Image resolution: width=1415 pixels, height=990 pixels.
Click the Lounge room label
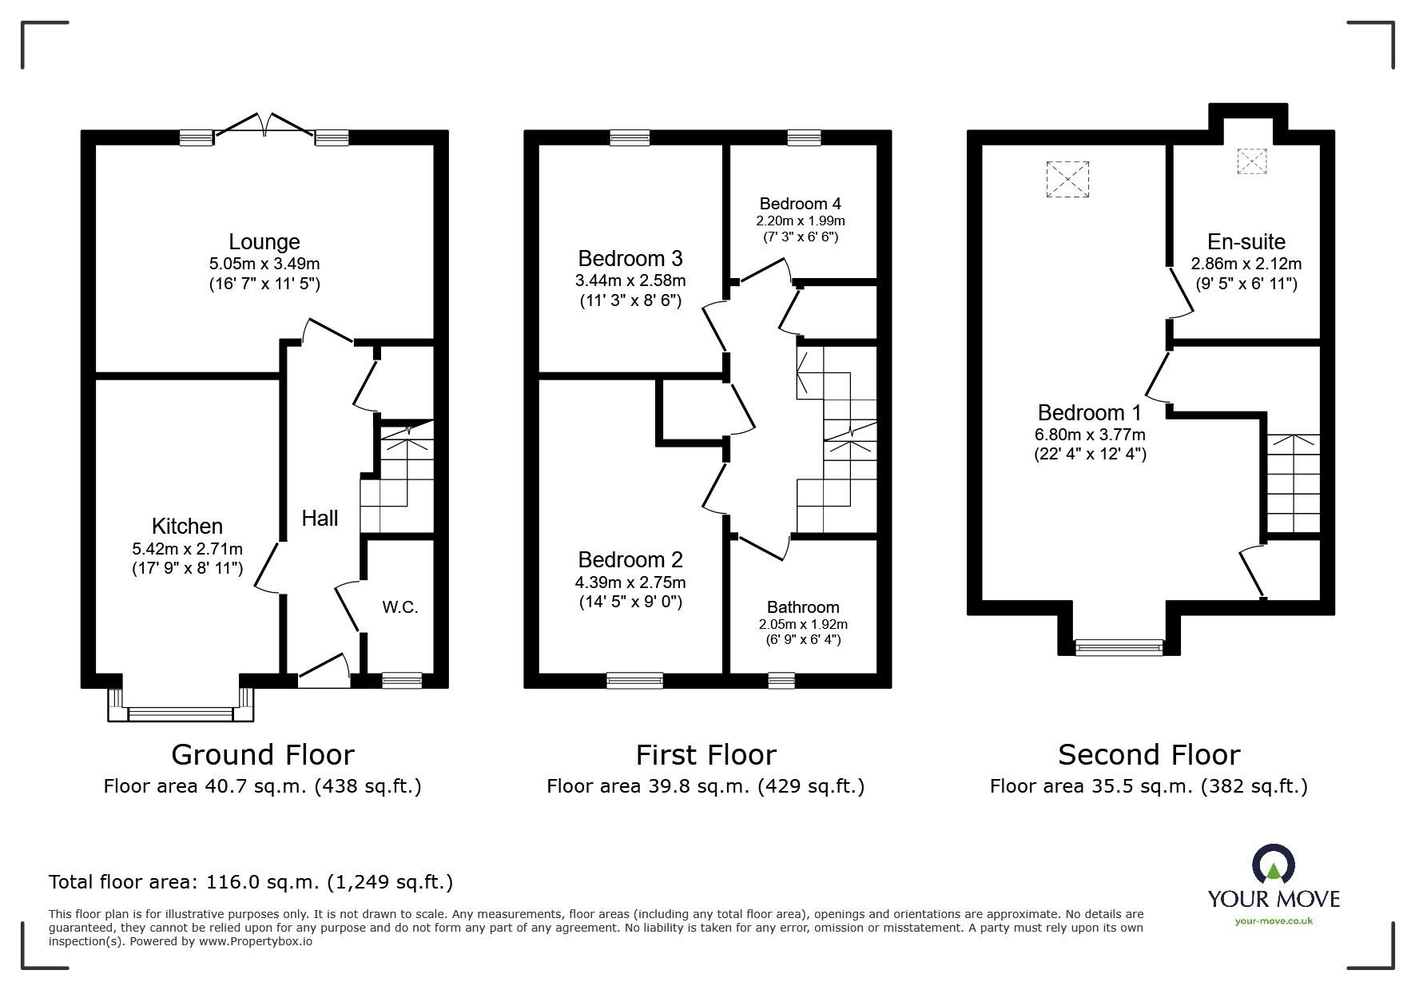point(264,241)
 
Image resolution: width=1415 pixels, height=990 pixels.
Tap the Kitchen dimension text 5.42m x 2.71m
point(188,549)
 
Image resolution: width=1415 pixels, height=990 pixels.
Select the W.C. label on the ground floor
point(399,607)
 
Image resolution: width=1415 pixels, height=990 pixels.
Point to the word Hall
point(320,519)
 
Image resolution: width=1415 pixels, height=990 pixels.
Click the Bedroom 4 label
point(801,203)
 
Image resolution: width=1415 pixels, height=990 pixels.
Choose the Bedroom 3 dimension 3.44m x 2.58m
point(630,280)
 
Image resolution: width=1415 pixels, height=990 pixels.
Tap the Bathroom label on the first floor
point(803,607)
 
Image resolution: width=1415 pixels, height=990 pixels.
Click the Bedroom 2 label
point(630,559)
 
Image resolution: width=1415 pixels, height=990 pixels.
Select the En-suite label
point(1246,241)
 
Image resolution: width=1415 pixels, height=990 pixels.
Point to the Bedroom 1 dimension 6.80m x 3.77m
point(1090,435)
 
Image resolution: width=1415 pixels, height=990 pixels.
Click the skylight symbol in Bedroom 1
point(1067,178)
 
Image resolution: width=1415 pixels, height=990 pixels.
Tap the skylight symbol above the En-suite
point(1252,161)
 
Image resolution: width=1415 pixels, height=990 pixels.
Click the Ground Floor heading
point(263,754)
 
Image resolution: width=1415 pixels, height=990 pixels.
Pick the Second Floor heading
point(1149,754)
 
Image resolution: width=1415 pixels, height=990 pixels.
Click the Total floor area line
point(251,882)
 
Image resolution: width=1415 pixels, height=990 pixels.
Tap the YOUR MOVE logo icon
point(1273,866)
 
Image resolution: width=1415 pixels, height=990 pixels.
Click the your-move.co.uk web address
point(1274,920)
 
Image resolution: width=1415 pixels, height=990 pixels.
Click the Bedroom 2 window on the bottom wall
point(634,681)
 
